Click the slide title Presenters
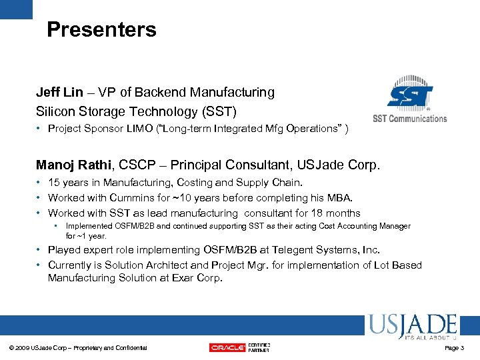pos(101,29)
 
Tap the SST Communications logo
pos(409,102)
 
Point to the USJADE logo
pos(411,327)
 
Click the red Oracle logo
pos(227,347)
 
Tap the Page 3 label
pos(454,347)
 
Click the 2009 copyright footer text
pos(78,347)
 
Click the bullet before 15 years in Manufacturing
pos(41,183)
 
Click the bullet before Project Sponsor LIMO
pos(41,129)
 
